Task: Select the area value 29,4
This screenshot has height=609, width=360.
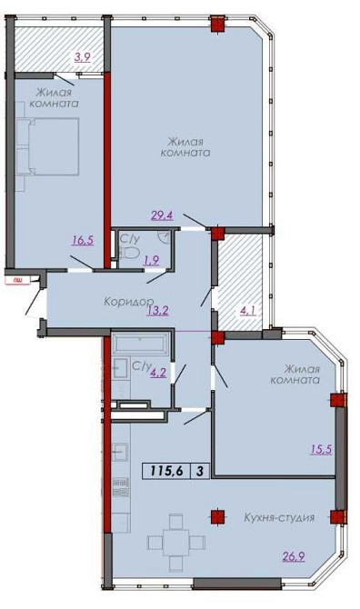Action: (162, 215)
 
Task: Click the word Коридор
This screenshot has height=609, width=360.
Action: (128, 300)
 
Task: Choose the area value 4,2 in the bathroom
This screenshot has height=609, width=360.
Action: (156, 370)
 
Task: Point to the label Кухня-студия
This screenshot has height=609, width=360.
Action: (278, 517)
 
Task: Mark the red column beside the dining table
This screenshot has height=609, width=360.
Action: (216, 517)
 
